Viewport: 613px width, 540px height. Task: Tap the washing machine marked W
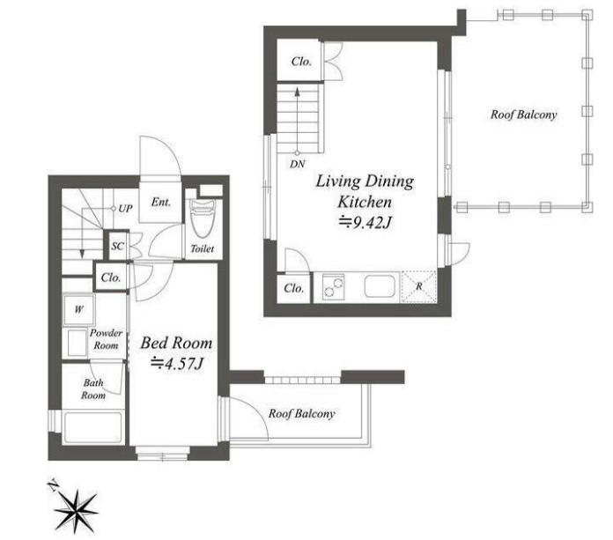(78, 310)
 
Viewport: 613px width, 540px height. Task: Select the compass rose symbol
(76, 511)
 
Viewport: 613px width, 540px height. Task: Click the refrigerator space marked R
(418, 286)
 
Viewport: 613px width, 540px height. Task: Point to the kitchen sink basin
(380, 286)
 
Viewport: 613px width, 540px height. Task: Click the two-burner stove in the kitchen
(334, 286)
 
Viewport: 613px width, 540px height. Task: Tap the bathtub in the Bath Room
(93, 427)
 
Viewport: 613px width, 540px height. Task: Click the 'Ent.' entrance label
(161, 202)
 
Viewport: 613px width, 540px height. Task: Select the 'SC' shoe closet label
(118, 246)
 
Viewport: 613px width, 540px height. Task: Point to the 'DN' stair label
(298, 164)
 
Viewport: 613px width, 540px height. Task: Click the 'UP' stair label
(125, 209)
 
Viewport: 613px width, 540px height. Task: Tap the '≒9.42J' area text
(365, 223)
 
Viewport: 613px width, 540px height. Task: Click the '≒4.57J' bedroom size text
(177, 364)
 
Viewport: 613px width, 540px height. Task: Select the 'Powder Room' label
(106, 339)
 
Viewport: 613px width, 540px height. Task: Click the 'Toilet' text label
(202, 248)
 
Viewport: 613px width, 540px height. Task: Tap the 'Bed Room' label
(176, 343)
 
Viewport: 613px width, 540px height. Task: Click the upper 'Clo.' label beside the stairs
(301, 62)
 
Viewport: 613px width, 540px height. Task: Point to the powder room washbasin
(77, 343)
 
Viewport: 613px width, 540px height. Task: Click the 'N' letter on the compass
(52, 485)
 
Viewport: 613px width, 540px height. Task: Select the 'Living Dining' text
(365, 181)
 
